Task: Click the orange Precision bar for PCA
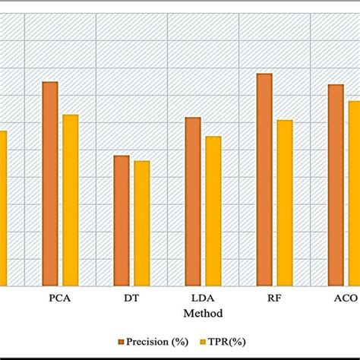point(50,183)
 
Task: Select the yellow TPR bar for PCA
point(71,200)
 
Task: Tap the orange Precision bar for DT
point(122,220)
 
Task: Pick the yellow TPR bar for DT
point(142,223)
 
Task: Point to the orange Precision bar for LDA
point(193,201)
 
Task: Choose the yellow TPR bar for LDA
point(213,210)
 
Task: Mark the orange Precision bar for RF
point(264,179)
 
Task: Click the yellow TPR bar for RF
point(285,203)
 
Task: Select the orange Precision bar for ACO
point(336,185)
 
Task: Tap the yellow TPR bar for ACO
point(354,193)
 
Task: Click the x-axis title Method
point(203,312)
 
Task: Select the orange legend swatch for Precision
point(122,341)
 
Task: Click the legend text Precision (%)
point(158,341)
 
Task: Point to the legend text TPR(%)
point(228,341)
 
